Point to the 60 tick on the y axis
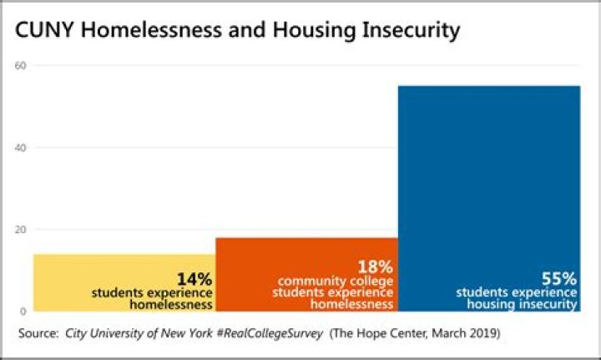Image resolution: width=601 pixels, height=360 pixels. coord(23,66)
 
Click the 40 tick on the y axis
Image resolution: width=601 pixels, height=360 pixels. coord(23,148)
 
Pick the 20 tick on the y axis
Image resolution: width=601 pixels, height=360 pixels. coord(23,230)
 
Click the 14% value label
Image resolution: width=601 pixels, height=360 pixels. coord(194,278)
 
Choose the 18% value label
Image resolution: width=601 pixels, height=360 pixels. coord(375,267)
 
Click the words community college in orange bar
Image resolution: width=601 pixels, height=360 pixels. coord(335,281)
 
